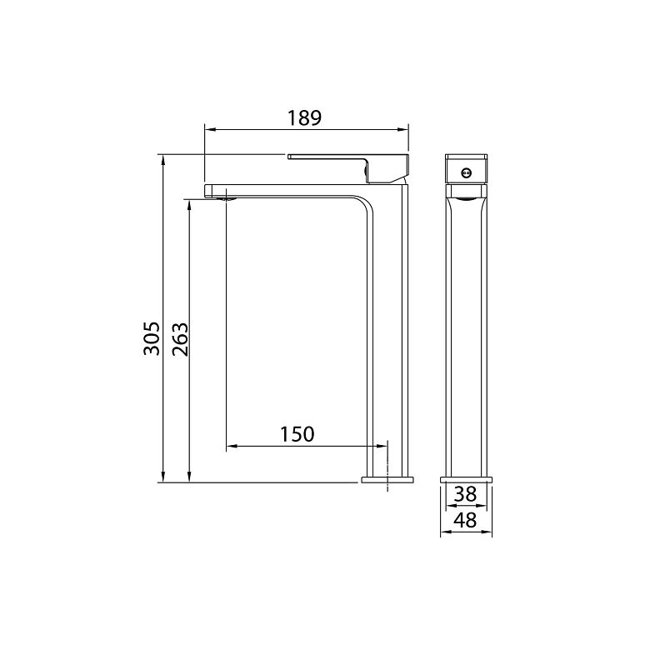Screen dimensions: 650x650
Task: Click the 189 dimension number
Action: (x=305, y=117)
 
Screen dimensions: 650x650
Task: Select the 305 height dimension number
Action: (x=152, y=337)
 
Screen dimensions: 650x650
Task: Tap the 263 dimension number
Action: (x=180, y=338)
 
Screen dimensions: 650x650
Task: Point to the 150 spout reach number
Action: (x=297, y=434)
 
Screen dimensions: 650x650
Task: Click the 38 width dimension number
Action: (x=466, y=494)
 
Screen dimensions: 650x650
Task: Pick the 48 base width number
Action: (x=466, y=520)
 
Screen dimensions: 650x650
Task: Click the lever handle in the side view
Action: (x=348, y=167)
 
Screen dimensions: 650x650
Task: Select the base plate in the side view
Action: (x=467, y=480)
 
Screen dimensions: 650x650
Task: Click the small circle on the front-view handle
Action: (x=466, y=172)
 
